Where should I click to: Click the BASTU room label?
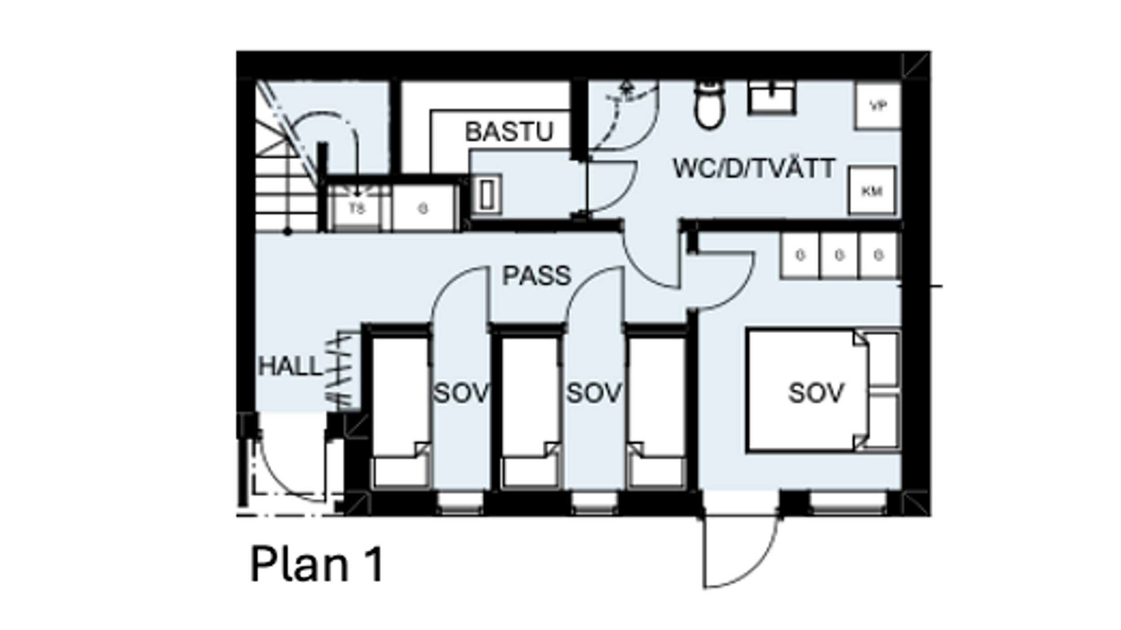509,132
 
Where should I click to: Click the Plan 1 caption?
317,564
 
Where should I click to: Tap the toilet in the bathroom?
709,105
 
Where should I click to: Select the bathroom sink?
771,98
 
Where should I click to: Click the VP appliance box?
878,106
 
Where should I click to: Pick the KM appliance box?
872,191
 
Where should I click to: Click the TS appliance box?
357,208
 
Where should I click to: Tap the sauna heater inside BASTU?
487,194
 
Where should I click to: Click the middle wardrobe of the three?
839,255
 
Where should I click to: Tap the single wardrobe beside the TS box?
423,208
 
